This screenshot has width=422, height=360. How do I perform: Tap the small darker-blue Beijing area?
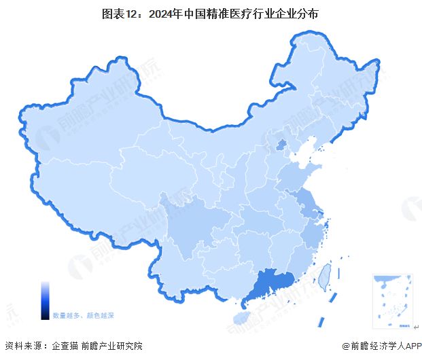coord(280,144)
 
